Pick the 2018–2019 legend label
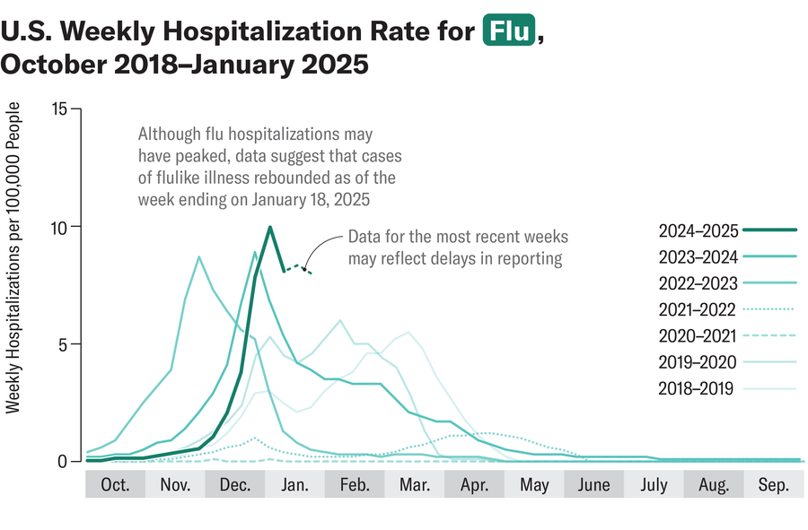coord(696,388)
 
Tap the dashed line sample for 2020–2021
coord(771,336)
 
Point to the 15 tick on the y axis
coord(60,109)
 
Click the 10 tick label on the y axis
coord(60,227)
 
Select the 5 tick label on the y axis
coord(64,344)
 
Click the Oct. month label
coord(115,485)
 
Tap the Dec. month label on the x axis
coord(234,485)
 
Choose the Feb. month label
coord(355,485)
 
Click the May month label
coord(534,485)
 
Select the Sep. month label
coord(773,485)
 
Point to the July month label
coord(654,485)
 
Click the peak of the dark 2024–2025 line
coord(270,227)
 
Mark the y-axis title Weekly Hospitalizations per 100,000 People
coord(13,258)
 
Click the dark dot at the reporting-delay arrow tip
coord(305,266)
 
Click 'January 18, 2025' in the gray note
coord(308,197)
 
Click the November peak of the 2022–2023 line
coord(198,257)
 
